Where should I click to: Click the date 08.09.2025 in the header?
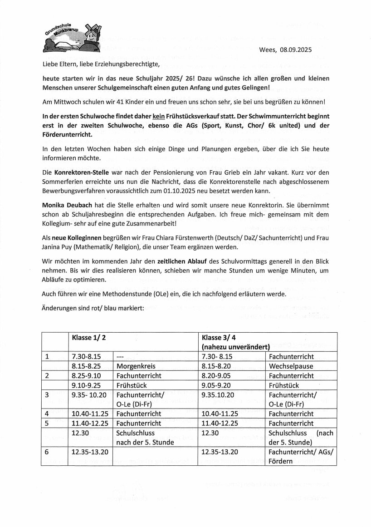[308, 52]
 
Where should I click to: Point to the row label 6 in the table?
[47, 452]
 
